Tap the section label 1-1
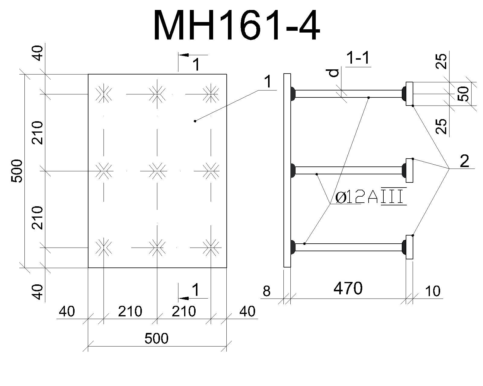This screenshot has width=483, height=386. (358, 58)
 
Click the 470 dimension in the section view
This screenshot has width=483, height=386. (348, 288)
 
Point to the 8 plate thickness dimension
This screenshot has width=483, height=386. (267, 291)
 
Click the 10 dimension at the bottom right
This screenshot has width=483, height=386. (433, 291)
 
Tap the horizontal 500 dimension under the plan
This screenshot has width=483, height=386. (156, 338)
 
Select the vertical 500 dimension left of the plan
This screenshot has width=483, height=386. (17, 171)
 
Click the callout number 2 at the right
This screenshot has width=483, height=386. (464, 161)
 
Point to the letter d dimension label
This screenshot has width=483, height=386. (334, 73)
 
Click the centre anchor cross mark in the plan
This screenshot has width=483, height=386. (157, 171)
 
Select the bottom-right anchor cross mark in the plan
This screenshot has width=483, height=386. (211, 248)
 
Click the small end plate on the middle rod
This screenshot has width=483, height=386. (409, 170)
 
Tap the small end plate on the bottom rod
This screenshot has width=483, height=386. (409, 247)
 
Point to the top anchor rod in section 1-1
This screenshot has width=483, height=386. (348, 94)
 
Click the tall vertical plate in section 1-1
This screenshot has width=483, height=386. (287, 170)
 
